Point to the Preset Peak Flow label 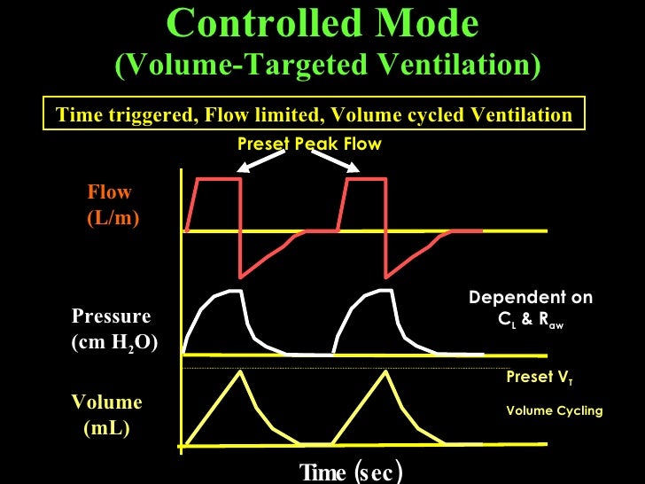(309, 144)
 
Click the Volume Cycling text (554, 410)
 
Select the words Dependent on (531, 298)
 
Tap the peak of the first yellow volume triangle (240, 371)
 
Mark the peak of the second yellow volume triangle (385, 371)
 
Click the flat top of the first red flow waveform (219, 180)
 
